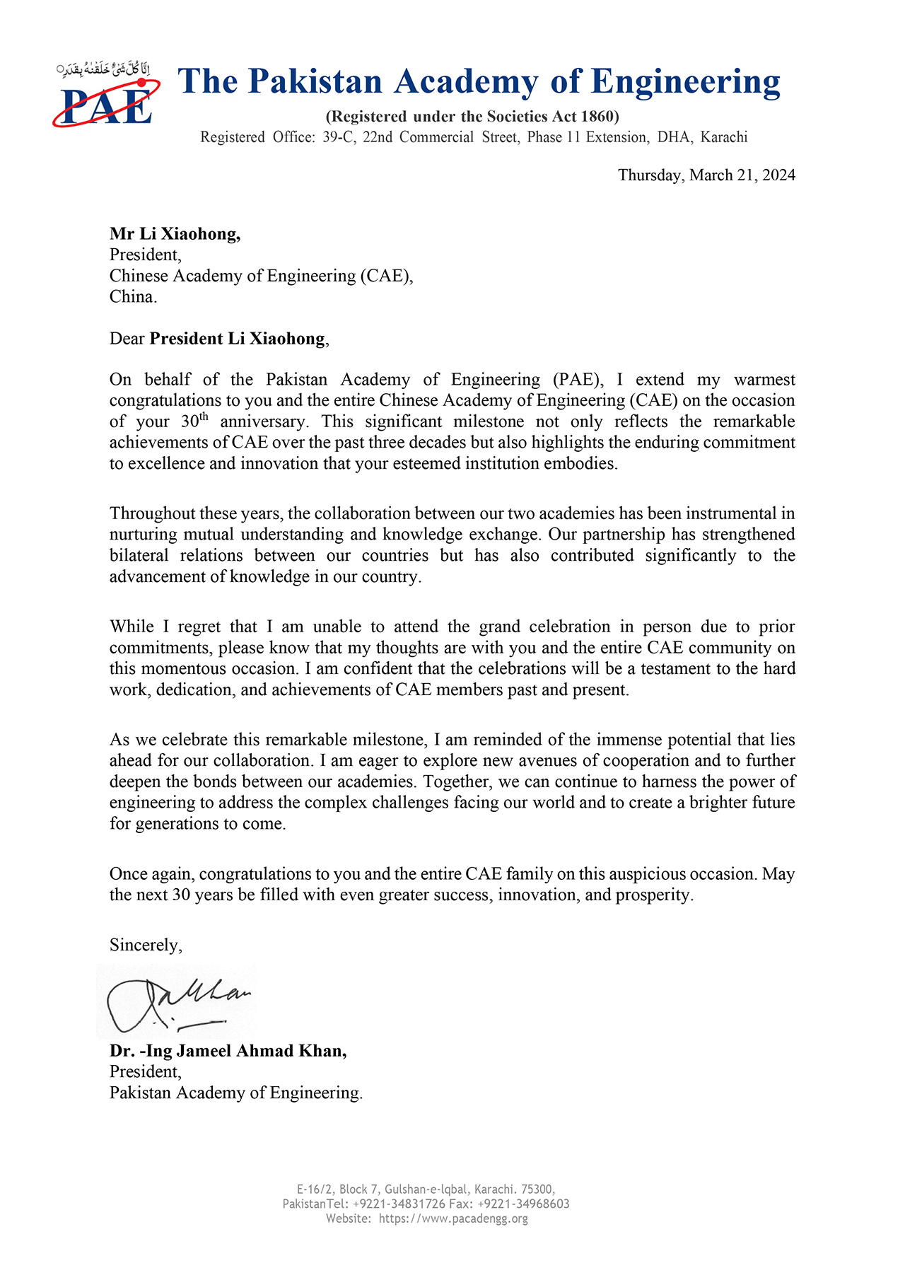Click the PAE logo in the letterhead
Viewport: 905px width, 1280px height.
click(x=106, y=95)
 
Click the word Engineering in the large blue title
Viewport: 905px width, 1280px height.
click(x=685, y=82)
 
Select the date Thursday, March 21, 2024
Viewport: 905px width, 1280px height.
click(x=706, y=175)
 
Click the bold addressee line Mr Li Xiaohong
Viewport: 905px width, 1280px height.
click(x=175, y=234)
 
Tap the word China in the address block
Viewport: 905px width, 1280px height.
click(x=132, y=297)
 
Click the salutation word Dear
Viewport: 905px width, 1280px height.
click(x=127, y=339)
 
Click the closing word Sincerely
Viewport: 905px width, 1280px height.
click(x=146, y=946)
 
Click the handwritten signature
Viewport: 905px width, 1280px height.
click(x=177, y=1001)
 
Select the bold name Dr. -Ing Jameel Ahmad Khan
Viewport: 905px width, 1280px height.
click(x=228, y=1052)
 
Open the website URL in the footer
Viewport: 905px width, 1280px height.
click(x=453, y=1218)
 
